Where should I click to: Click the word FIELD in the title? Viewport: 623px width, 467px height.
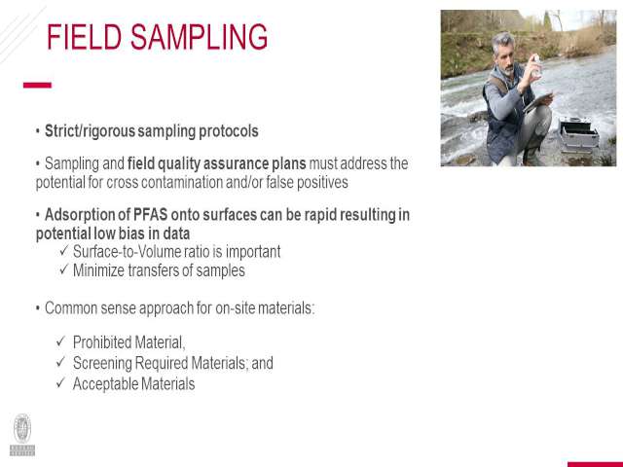(x=85, y=37)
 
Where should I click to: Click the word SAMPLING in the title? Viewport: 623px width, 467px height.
(x=199, y=37)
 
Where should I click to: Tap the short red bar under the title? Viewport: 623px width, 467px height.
(x=37, y=85)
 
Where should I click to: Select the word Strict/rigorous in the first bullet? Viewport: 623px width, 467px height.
(x=90, y=131)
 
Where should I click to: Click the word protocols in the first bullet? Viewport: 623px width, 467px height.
(x=229, y=131)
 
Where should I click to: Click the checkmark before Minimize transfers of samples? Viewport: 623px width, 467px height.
(x=64, y=269)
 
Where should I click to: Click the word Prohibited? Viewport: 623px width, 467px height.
(x=102, y=341)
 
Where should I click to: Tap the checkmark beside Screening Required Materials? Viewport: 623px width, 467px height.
(x=60, y=361)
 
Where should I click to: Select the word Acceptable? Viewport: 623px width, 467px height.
(x=105, y=384)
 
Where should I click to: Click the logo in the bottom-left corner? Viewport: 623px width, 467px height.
(x=22, y=435)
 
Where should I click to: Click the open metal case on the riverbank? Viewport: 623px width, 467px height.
(x=578, y=136)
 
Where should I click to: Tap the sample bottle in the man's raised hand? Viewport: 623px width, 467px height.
(x=536, y=65)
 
